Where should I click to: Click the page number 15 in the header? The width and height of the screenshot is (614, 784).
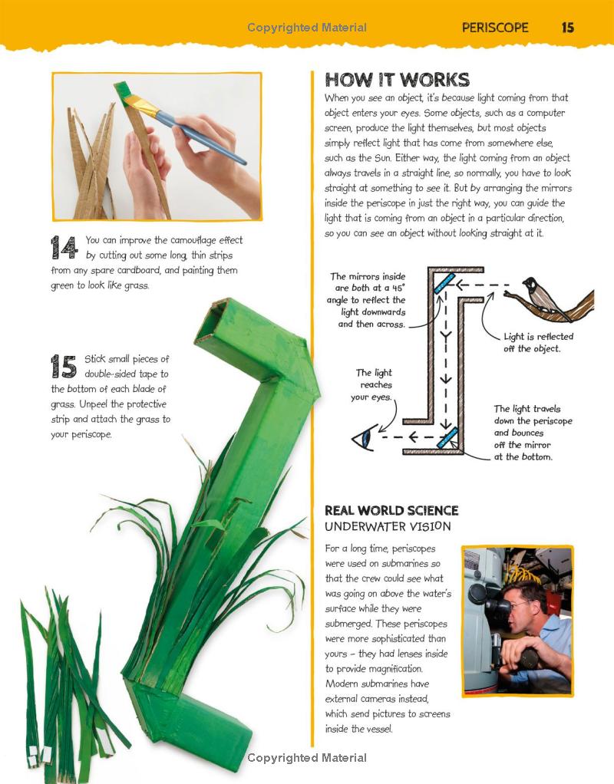567,28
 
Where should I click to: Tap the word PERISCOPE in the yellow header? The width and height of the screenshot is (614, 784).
495,28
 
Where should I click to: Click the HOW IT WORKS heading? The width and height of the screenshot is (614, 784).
397,80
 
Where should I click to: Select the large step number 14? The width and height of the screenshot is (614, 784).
64,247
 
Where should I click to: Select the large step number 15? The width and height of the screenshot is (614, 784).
64,366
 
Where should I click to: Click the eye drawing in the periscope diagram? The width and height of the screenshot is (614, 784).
361,440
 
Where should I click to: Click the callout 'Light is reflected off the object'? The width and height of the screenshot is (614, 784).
538,342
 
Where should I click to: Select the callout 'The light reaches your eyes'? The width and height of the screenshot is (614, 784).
371,385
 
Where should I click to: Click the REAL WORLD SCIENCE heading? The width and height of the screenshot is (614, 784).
391,510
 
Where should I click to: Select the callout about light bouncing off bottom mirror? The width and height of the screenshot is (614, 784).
532,433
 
